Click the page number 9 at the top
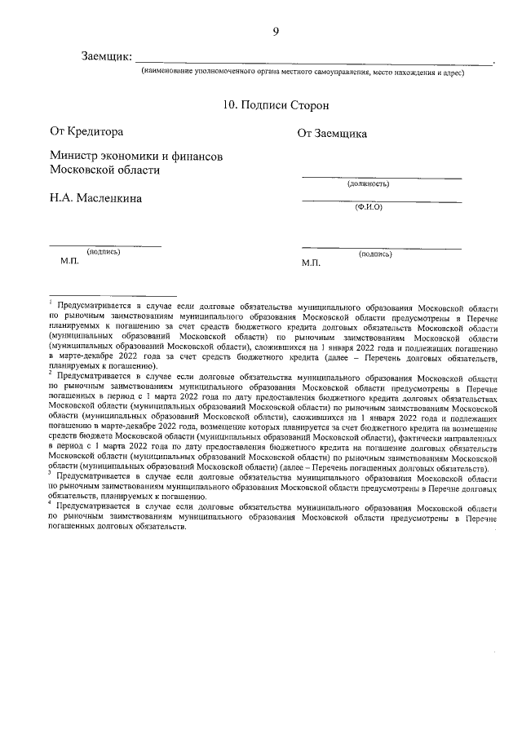(276, 32)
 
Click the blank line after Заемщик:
(314, 62)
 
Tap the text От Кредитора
(86, 130)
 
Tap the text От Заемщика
(331, 134)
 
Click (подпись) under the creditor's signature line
(104, 252)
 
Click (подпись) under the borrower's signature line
(374, 254)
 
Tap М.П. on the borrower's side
(312, 263)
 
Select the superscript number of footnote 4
(50, 504)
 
